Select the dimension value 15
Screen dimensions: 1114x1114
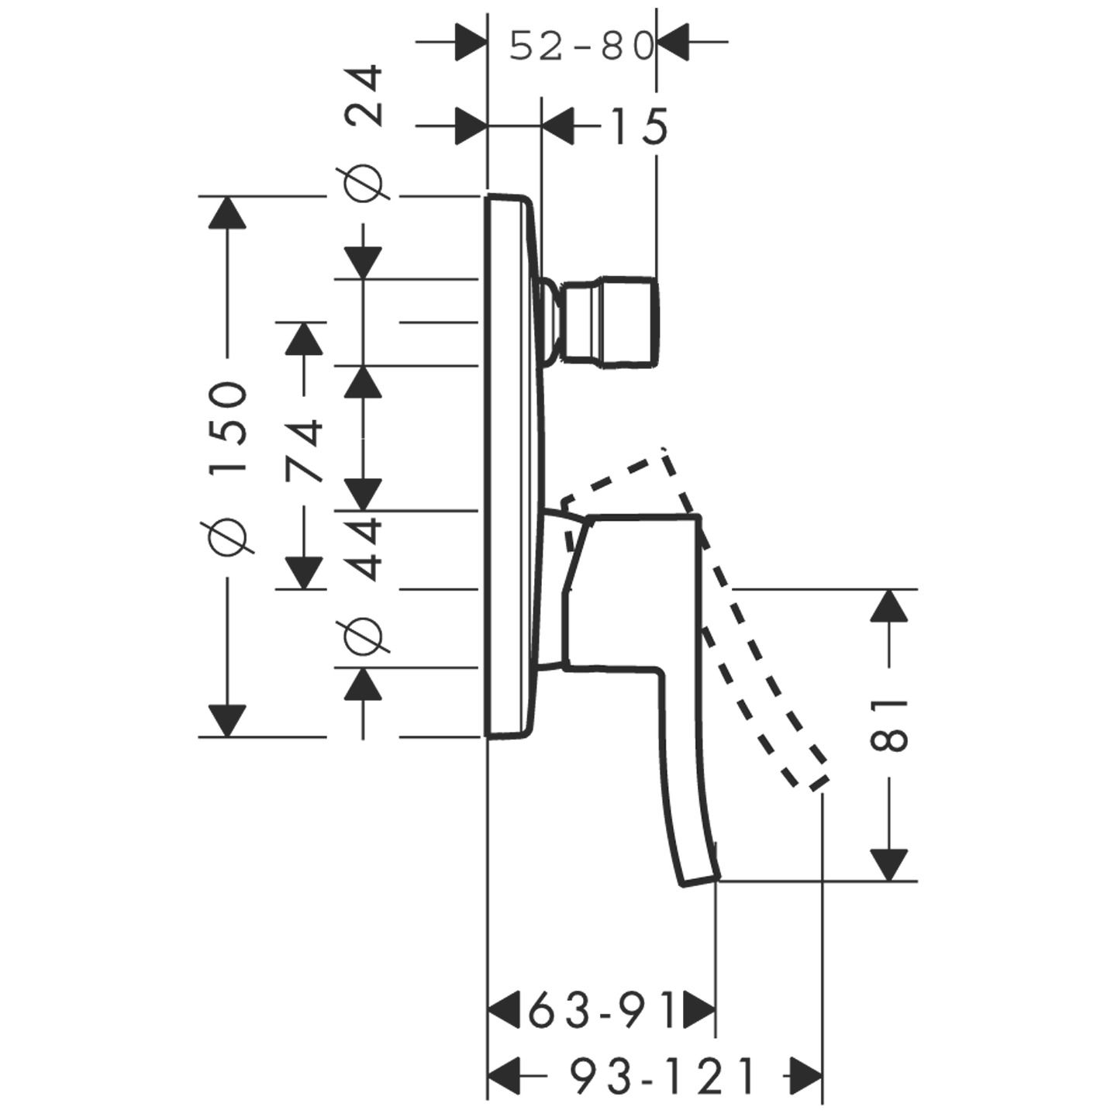[634, 126]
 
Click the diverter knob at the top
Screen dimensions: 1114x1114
[612, 319]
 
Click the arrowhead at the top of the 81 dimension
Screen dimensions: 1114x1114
[888, 605]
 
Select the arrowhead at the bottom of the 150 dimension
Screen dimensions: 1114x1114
[228, 720]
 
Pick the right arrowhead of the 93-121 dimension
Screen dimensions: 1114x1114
[805, 1077]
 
